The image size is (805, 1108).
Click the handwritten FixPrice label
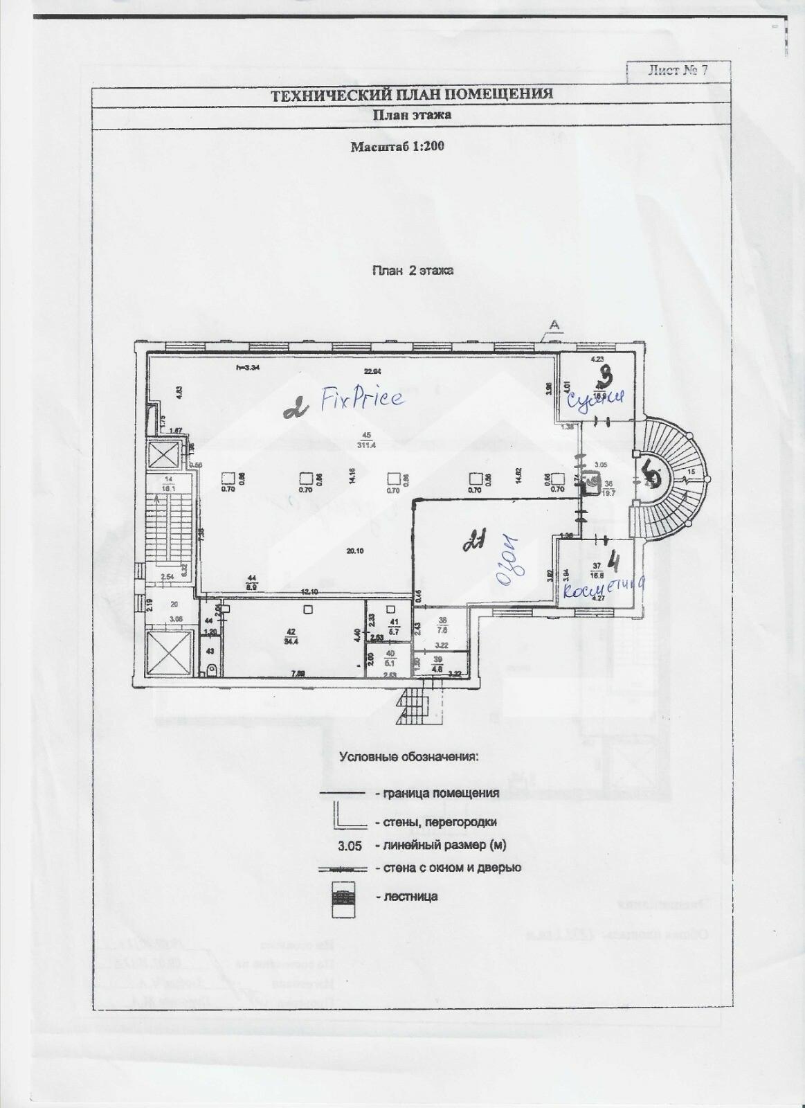[x=361, y=399]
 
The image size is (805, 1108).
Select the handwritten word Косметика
[x=605, y=589]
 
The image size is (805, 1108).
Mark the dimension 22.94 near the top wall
[x=374, y=370]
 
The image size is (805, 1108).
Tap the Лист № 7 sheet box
[x=678, y=71]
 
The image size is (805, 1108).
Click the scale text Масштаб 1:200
[x=397, y=146]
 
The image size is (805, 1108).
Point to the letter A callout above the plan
[x=553, y=324]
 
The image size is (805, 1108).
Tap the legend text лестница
[x=406, y=897]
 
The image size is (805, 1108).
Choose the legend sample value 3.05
[x=350, y=846]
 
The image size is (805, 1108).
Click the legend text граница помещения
[x=437, y=794]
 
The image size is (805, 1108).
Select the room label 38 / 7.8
[x=442, y=625]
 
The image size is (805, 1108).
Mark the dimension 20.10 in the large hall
[x=356, y=551]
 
